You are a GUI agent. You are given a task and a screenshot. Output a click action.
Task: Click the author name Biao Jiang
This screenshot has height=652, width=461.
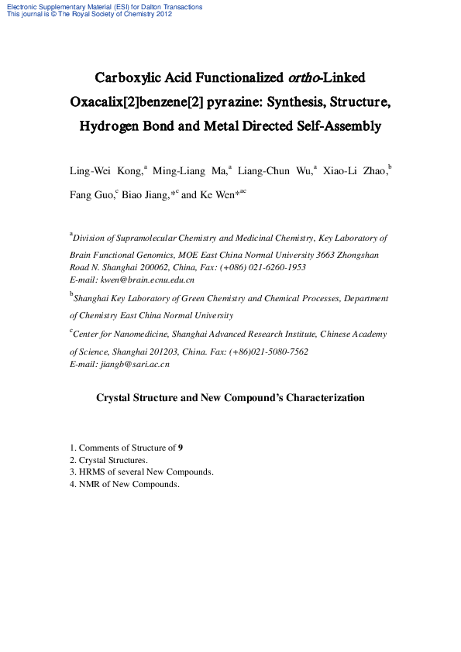[x=145, y=195]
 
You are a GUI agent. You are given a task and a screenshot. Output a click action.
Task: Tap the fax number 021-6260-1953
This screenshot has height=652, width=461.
[x=275, y=267]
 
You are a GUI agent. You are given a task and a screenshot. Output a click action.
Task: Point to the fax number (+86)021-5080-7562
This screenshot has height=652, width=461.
[x=264, y=352]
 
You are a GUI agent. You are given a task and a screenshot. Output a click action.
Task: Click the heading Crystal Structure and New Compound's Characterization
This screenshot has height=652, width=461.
[x=230, y=398]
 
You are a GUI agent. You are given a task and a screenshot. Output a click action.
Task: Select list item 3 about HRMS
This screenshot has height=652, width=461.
[x=142, y=472]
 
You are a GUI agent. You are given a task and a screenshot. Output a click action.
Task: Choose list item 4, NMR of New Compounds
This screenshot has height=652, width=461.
[x=125, y=484]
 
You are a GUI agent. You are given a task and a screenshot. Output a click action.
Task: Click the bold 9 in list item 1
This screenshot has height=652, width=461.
[x=181, y=448]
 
